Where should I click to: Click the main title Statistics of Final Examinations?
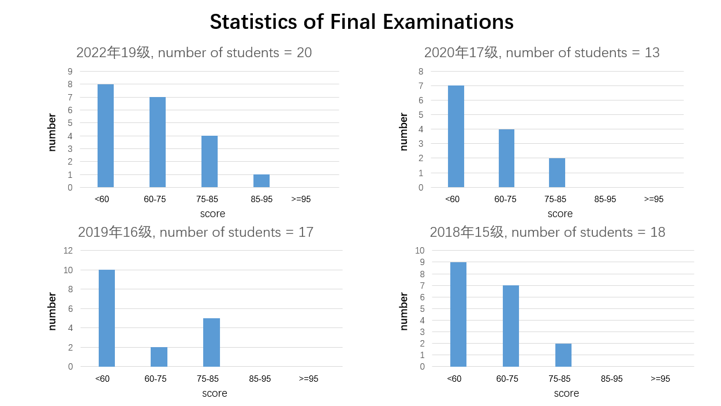[361, 22]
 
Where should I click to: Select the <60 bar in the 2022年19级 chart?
[106, 136]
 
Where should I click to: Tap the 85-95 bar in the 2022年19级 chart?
[261, 181]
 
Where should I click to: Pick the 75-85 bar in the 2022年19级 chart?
[210, 162]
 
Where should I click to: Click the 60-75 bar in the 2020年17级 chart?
[506, 158]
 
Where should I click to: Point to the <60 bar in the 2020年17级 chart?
[456, 136]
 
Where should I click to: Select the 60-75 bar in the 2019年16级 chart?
[159, 357]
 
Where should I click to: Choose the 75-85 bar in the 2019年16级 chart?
[211, 342]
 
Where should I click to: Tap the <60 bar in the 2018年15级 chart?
[458, 314]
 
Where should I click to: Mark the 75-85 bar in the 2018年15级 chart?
[563, 355]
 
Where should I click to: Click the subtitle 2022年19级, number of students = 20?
[194, 53]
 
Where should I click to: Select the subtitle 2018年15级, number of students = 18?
[547, 232]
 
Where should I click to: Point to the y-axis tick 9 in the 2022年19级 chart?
[70, 72]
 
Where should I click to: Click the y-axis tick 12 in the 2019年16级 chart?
[68, 251]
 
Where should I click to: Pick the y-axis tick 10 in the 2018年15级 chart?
[420, 251]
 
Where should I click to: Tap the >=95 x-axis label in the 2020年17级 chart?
[654, 199]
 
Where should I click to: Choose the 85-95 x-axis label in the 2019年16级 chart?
[260, 379]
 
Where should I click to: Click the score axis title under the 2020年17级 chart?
[560, 214]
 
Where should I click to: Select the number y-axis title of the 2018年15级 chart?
[404, 311]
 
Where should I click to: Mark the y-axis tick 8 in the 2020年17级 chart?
[421, 72]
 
